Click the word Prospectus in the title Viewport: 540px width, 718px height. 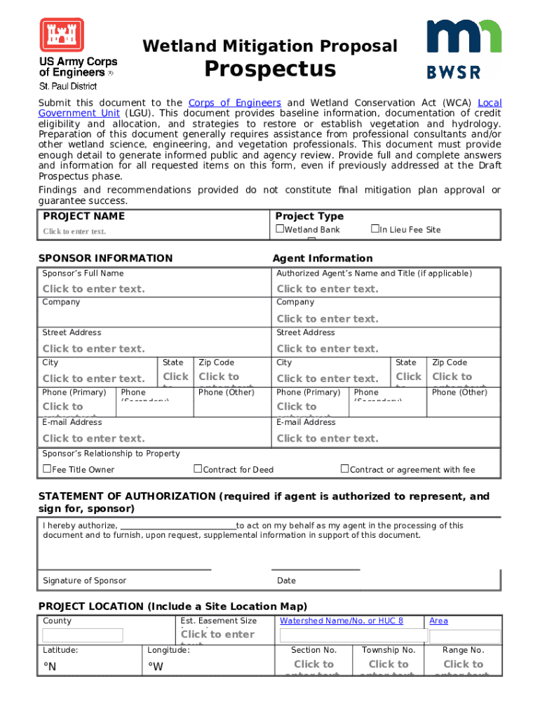pos(270,69)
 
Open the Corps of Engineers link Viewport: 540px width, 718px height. pos(235,103)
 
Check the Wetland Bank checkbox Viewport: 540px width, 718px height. pos(280,229)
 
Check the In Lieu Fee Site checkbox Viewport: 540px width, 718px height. pos(374,229)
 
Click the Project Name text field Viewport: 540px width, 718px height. pos(74,231)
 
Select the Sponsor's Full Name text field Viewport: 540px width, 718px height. pos(93,289)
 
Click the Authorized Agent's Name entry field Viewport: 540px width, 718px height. pos(327,289)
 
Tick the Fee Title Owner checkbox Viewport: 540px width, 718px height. pos(47,469)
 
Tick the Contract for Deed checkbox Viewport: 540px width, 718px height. pos(198,469)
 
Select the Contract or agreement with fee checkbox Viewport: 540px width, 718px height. pos(345,469)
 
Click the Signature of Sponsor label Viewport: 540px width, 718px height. pos(84,581)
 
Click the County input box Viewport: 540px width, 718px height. pos(83,635)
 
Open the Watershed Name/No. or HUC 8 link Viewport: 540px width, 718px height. pos(342,621)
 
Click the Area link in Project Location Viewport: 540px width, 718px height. pos(438,621)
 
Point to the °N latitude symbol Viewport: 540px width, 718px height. pos(49,667)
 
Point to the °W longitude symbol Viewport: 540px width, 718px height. pos(156,667)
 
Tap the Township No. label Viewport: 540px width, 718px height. pos(389,650)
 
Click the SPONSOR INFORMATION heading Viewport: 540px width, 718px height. pos(105,258)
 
